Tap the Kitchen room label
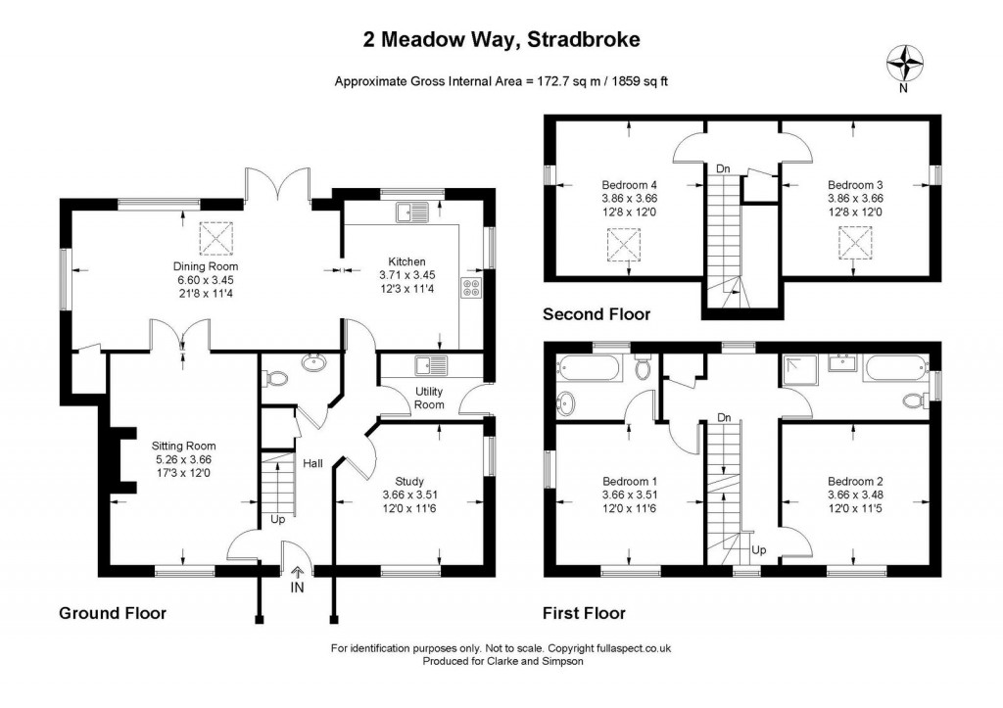coord(406,261)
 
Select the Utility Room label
coord(429,398)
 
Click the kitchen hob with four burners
coord(471,288)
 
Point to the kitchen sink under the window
coord(412,212)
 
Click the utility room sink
coord(432,366)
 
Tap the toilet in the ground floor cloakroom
coord(276,378)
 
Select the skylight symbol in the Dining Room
coord(217,238)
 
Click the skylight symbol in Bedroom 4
coord(625,246)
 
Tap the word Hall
coord(312,463)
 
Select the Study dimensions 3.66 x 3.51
coord(410,495)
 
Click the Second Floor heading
coord(597,314)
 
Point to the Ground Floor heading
coord(113,613)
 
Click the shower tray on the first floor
coord(799,369)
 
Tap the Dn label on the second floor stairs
coord(723,168)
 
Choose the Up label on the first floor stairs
coord(759,550)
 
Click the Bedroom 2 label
coord(855,481)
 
